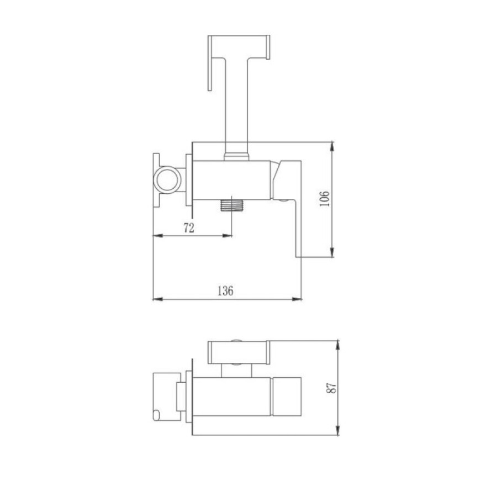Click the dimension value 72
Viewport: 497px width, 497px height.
pos(189,228)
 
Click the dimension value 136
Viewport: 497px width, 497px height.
pos(225,291)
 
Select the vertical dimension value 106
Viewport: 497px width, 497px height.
pos(324,199)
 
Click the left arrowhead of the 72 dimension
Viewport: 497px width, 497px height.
pos(157,235)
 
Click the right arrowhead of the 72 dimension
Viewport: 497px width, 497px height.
pos(228,235)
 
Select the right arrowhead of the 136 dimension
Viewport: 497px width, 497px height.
pos(297,299)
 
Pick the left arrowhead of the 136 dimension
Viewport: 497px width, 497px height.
pos(157,299)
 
